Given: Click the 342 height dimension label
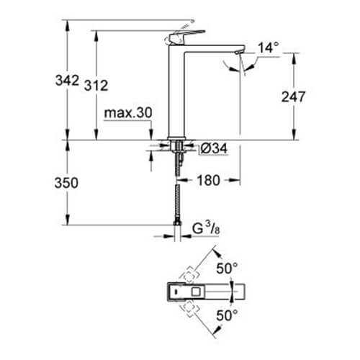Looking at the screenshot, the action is pyautogui.click(x=67, y=80).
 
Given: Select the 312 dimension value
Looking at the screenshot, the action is pyautogui.click(x=96, y=86).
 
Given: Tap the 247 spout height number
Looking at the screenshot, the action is pyautogui.click(x=293, y=96).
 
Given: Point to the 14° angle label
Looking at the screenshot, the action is pyautogui.click(x=269, y=48).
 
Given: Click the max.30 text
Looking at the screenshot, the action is pyautogui.click(x=128, y=112).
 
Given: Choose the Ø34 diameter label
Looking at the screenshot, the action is pyautogui.click(x=214, y=148).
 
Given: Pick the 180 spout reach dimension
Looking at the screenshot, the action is pyautogui.click(x=208, y=180).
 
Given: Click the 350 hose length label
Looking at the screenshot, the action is pyautogui.click(x=66, y=183).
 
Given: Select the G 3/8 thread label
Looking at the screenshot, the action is pyautogui.click(x=206, y=228).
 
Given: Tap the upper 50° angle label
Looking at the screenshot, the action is pyautogui.click(x=227, y=268).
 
